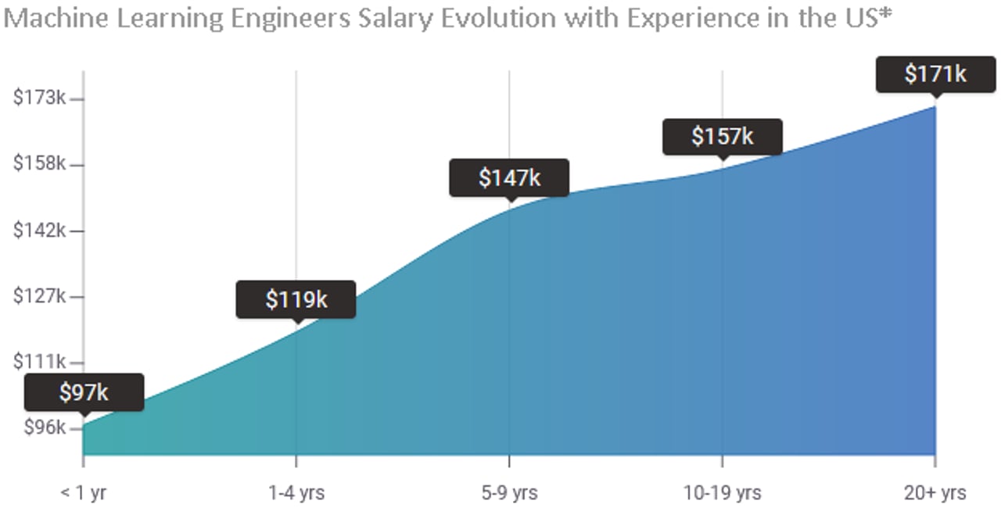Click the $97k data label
[84, 392]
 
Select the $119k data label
[296, 299]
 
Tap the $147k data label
[509, 177]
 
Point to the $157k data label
[722, 136]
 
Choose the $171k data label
[935, 74]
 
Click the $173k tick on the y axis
[39, 98]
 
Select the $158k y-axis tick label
[39, 164]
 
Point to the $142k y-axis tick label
[39, 231]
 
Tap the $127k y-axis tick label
[39, 296]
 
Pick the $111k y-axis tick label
[39, 362]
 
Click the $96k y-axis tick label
[42, 428]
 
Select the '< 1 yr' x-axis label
[83, 493]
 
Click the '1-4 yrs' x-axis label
[296, 493]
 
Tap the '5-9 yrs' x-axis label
[509, 493]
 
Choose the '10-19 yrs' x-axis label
[722, 493]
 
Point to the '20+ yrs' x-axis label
[935, 493]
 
